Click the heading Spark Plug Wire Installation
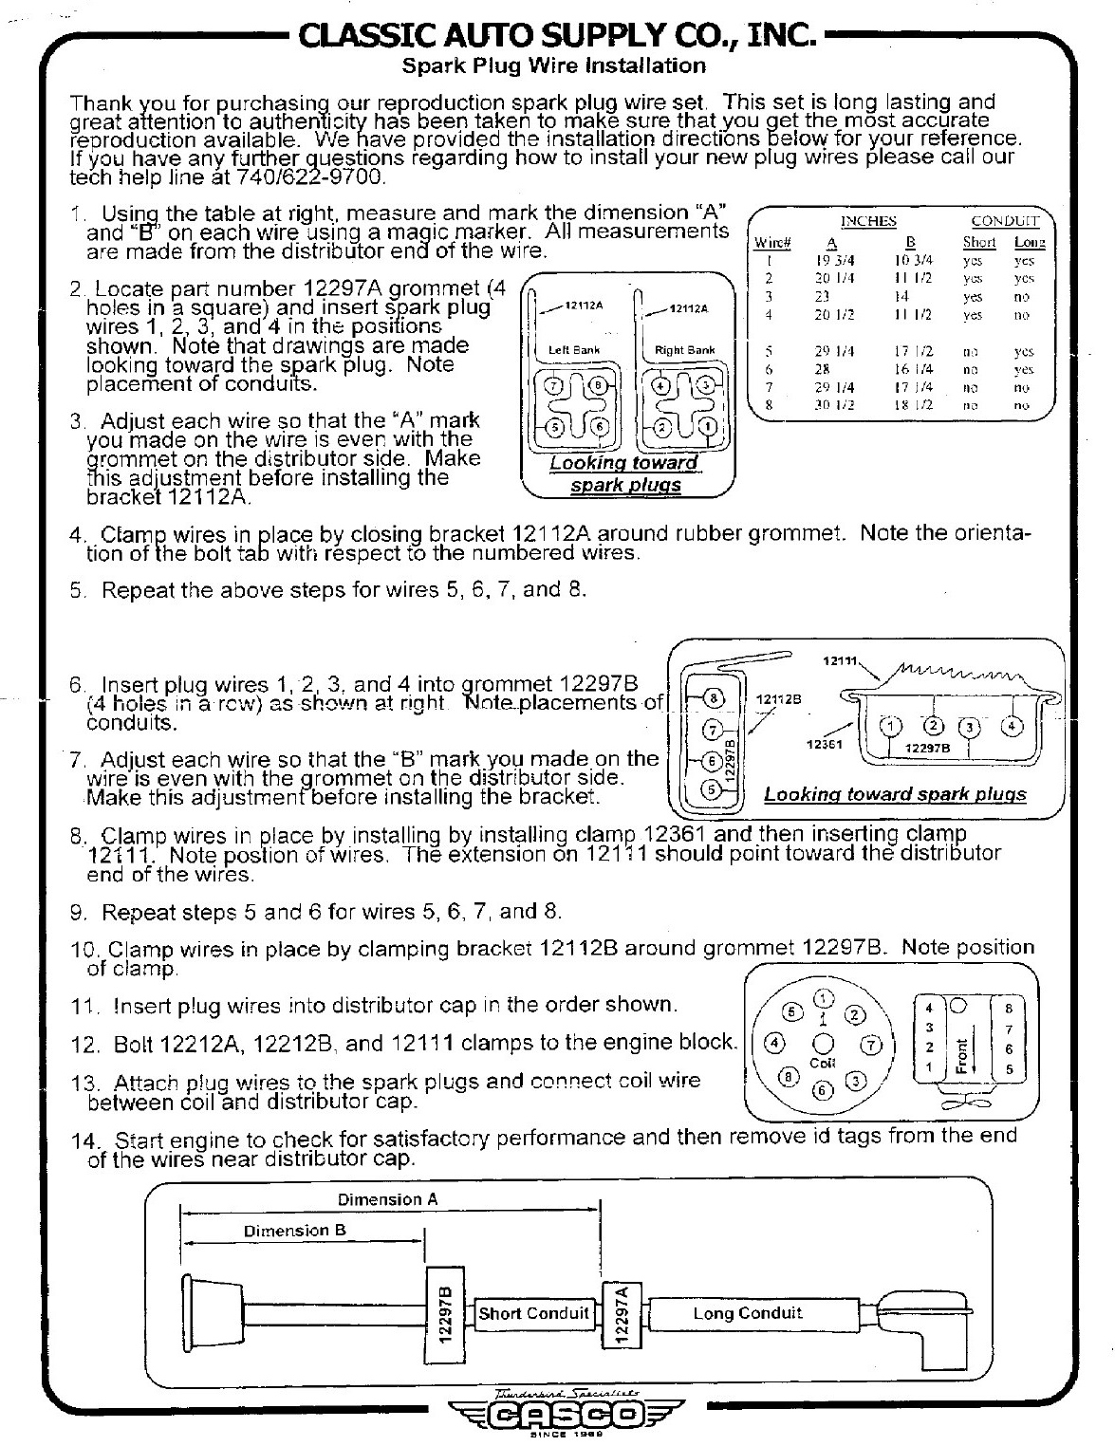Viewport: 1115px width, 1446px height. coord(554,65)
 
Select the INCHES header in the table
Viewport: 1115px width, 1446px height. coord(867,221)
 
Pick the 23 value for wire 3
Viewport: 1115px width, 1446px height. coord(822,296)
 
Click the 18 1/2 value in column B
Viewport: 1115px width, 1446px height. coord(915,404)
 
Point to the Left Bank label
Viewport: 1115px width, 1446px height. coord(575,350)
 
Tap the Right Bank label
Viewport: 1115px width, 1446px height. coord(685,350)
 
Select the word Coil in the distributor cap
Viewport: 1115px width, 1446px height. coord(822,1063)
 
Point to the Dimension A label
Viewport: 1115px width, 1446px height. coord(388,1199)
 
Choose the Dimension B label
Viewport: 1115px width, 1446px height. coord(295,1231)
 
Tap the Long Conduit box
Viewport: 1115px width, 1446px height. coord(747,1313)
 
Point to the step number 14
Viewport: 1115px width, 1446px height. coord(84,1140)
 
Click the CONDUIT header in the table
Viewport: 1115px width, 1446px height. coord(1005,221)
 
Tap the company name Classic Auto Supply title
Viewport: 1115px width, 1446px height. coord(556,36)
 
